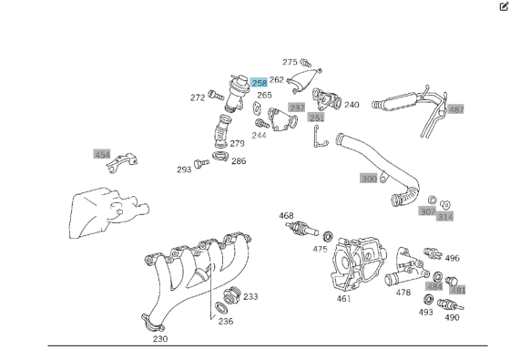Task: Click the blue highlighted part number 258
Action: [260, 82]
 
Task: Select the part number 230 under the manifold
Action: [160, 338]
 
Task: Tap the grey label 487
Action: [456, 109]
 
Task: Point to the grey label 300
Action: [369, 179]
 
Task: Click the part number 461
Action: [343, 298]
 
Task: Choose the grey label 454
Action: [102, 155]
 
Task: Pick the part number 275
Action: [290, 62]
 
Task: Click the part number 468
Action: [286, 216]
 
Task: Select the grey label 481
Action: [459, 290]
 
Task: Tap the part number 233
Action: [250, 296]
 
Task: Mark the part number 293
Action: [184, 170]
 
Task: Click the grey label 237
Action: [297, 108]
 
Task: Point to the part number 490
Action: [452, 317]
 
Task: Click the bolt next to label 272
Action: [215, 96]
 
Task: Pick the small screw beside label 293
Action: [201, 166]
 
